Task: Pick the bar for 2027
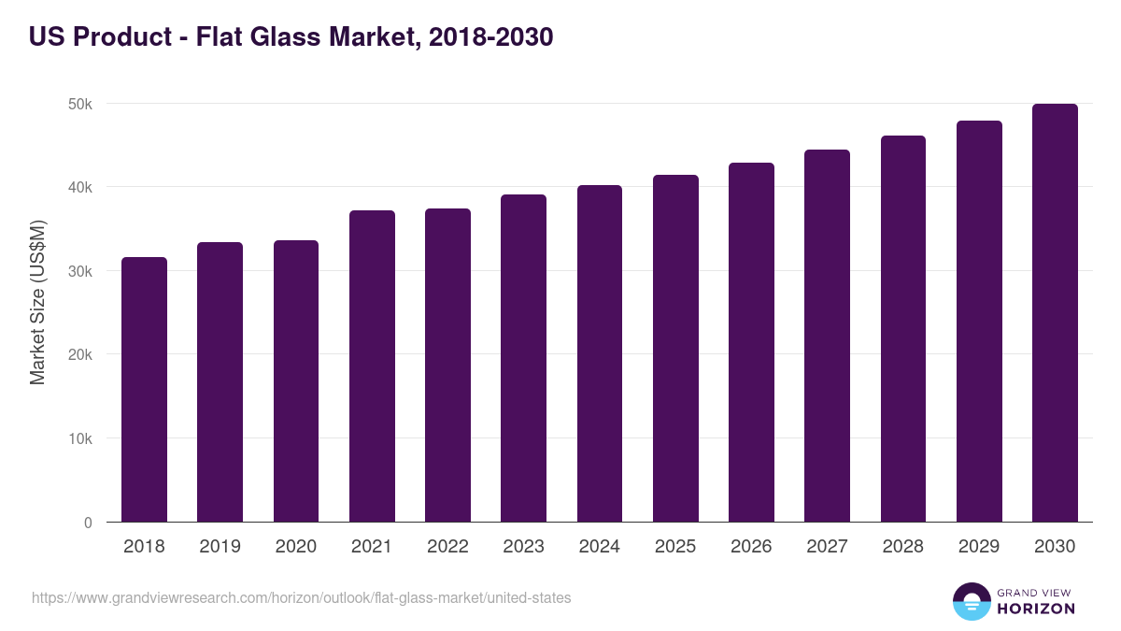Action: tap(827, 336)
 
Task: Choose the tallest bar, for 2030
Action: tap(1055, 313)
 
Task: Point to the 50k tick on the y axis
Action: tap(80, 104)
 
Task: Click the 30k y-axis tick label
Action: tap(80, 271)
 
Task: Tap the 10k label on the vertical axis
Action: tap(80, 438)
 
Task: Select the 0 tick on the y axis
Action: tap(88, 523)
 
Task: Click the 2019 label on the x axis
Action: tap(220, 547)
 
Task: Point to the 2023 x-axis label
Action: tap(523, 547)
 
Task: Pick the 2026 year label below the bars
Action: tap(751, 547)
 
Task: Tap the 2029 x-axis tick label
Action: tap(979, 547)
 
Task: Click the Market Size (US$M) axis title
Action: tap(37, 303)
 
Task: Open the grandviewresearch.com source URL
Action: tap(302, 597)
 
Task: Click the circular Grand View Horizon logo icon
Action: tap(971, 601)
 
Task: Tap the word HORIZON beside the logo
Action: tap(1036, 609)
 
